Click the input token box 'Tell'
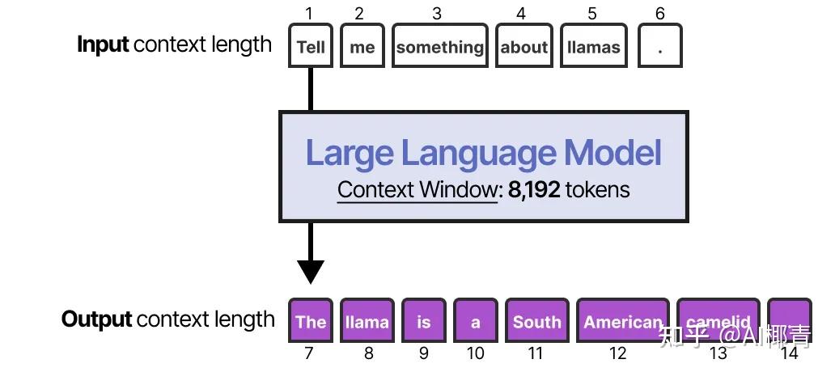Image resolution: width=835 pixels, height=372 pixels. tap(311, 46)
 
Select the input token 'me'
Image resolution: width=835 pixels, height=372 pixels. tap(362, 46)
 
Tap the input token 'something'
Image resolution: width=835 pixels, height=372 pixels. tap(439, 46)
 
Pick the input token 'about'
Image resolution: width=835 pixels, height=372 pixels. tap(523, 46)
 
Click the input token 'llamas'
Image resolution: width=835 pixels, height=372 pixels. tap(593, 46)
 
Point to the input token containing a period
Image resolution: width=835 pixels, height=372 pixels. tap(659, 46)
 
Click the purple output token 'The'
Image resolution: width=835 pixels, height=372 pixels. tap(311, 321)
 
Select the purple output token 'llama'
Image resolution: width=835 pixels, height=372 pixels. tap(367, 321)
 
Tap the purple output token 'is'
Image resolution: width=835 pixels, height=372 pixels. tap(423, 321)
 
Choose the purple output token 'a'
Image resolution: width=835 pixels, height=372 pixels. tap(475, 321)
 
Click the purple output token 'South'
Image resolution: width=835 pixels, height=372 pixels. tap(536, 321)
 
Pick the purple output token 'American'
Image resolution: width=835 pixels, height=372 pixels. tap(622, 321)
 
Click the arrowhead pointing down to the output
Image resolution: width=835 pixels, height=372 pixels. tap(311, 271)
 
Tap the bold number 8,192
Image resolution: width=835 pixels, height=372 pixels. tap(534, 190)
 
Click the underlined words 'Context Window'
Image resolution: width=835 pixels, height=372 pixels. tap(417, 190)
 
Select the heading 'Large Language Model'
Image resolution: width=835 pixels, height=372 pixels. tap(483, 153)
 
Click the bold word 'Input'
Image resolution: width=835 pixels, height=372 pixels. tap(103, 44)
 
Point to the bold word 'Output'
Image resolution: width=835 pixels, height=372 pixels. tap(96, 319)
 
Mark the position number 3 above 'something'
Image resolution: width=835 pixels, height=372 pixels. tap(437, 14)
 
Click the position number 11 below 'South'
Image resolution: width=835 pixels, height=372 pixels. tap(535, 353)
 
